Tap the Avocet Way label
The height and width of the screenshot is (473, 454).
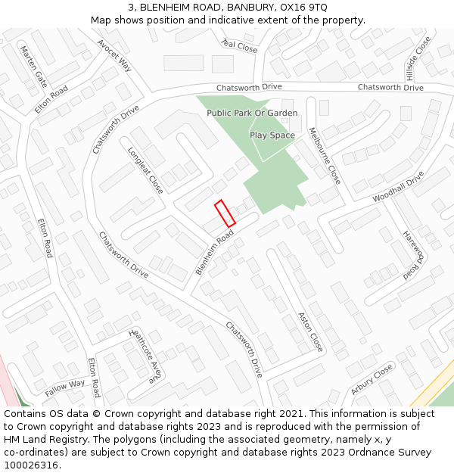pos(114,55)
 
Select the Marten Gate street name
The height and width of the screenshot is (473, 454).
pos(33,66)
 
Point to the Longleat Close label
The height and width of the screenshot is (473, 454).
pos(145,170)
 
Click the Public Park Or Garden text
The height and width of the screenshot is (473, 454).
pos(252,113)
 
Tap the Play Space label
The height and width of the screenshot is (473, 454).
pos(272,135)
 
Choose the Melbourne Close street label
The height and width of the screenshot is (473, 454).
pos(325,156)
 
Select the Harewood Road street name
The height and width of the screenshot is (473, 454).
pos(411,254)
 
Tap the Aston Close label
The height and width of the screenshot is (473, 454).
pos(310,331)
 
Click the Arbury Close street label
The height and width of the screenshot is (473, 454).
pos(372,379)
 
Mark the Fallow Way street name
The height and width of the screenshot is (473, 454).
pos(65,388)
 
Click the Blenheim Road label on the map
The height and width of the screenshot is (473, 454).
pos(214,253)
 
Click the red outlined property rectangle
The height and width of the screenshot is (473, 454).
pos(225,213)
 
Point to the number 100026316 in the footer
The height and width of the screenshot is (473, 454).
pos(31,465)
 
